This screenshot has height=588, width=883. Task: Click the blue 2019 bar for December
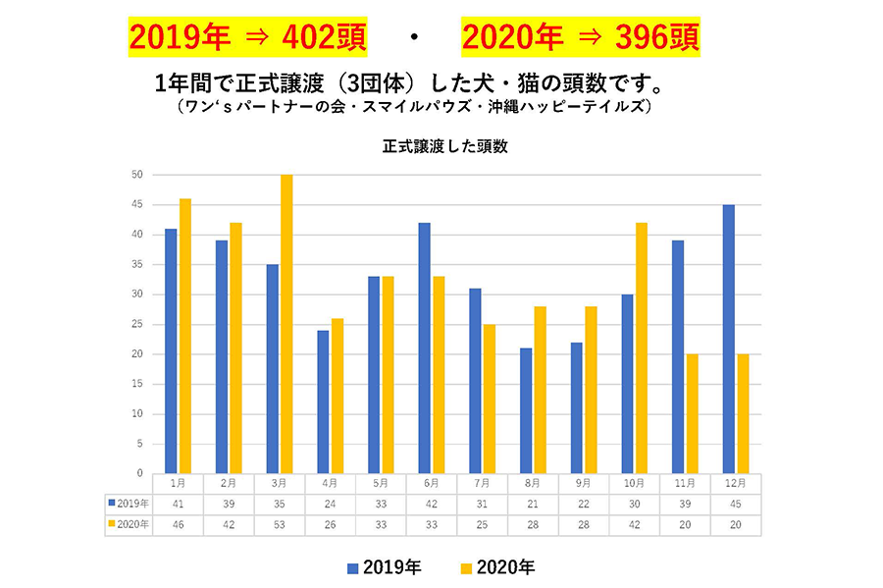tap(729, 339)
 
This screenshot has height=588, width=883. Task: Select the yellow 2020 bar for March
tap(286, 324)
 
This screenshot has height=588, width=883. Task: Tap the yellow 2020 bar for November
tap(692, 413)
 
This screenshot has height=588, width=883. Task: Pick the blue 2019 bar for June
tap(424, 347)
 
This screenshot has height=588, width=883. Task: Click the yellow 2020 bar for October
tap(641, 347)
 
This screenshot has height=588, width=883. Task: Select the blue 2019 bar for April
tap(323, 401)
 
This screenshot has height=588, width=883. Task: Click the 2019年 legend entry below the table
tap(386, 566)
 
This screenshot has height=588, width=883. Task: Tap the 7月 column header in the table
tap(481, 483)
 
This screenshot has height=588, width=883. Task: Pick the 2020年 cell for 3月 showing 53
tap(280, 524)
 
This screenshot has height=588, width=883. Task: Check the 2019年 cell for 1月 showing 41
tap(178, 504)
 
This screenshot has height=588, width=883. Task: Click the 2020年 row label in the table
tap(130, 524)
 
